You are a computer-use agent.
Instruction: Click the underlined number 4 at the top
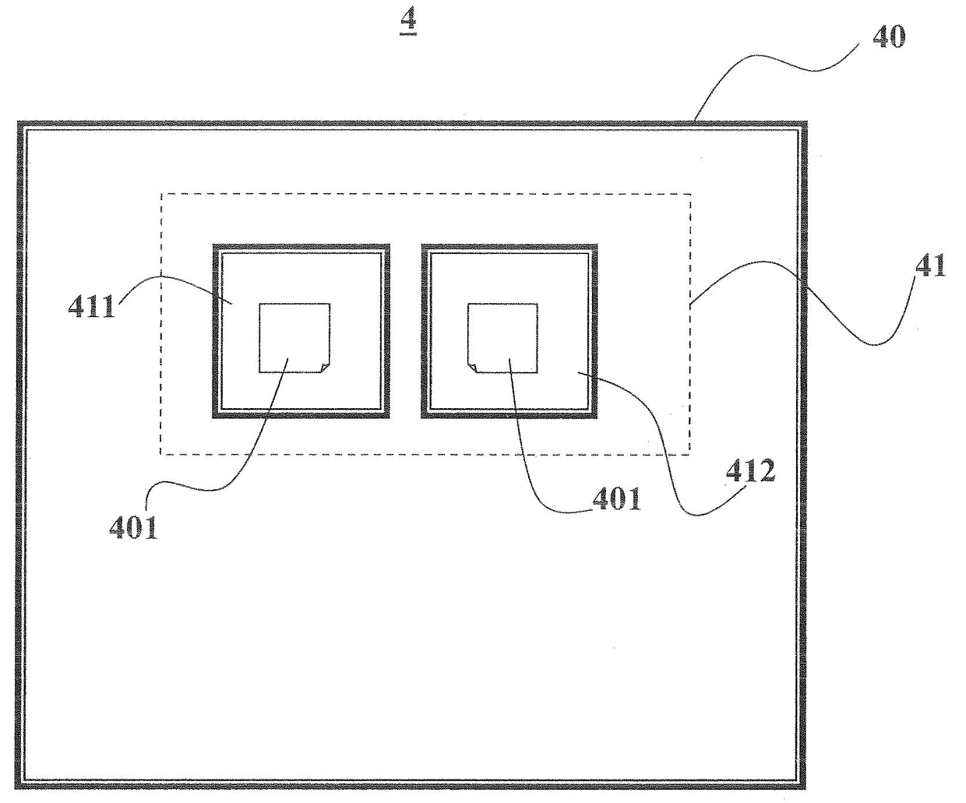[x=407, y=22]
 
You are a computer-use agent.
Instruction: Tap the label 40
[x=887, y=37]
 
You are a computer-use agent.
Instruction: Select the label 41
[x=930, y=266]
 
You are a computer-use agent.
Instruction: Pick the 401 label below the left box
[x=133, y=527]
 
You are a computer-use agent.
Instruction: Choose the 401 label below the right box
[x=616, y=498]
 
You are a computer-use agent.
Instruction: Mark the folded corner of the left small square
[x=324, y=367]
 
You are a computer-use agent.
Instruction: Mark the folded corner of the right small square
[x=472, y=367]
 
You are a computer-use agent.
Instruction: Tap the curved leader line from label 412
[x=654, y=436]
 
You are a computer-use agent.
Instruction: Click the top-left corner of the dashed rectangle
[x=161, y=194]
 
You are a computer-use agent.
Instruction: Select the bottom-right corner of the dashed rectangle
[x=689, y=454]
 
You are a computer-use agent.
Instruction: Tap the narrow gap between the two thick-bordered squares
[x=405, y=331]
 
